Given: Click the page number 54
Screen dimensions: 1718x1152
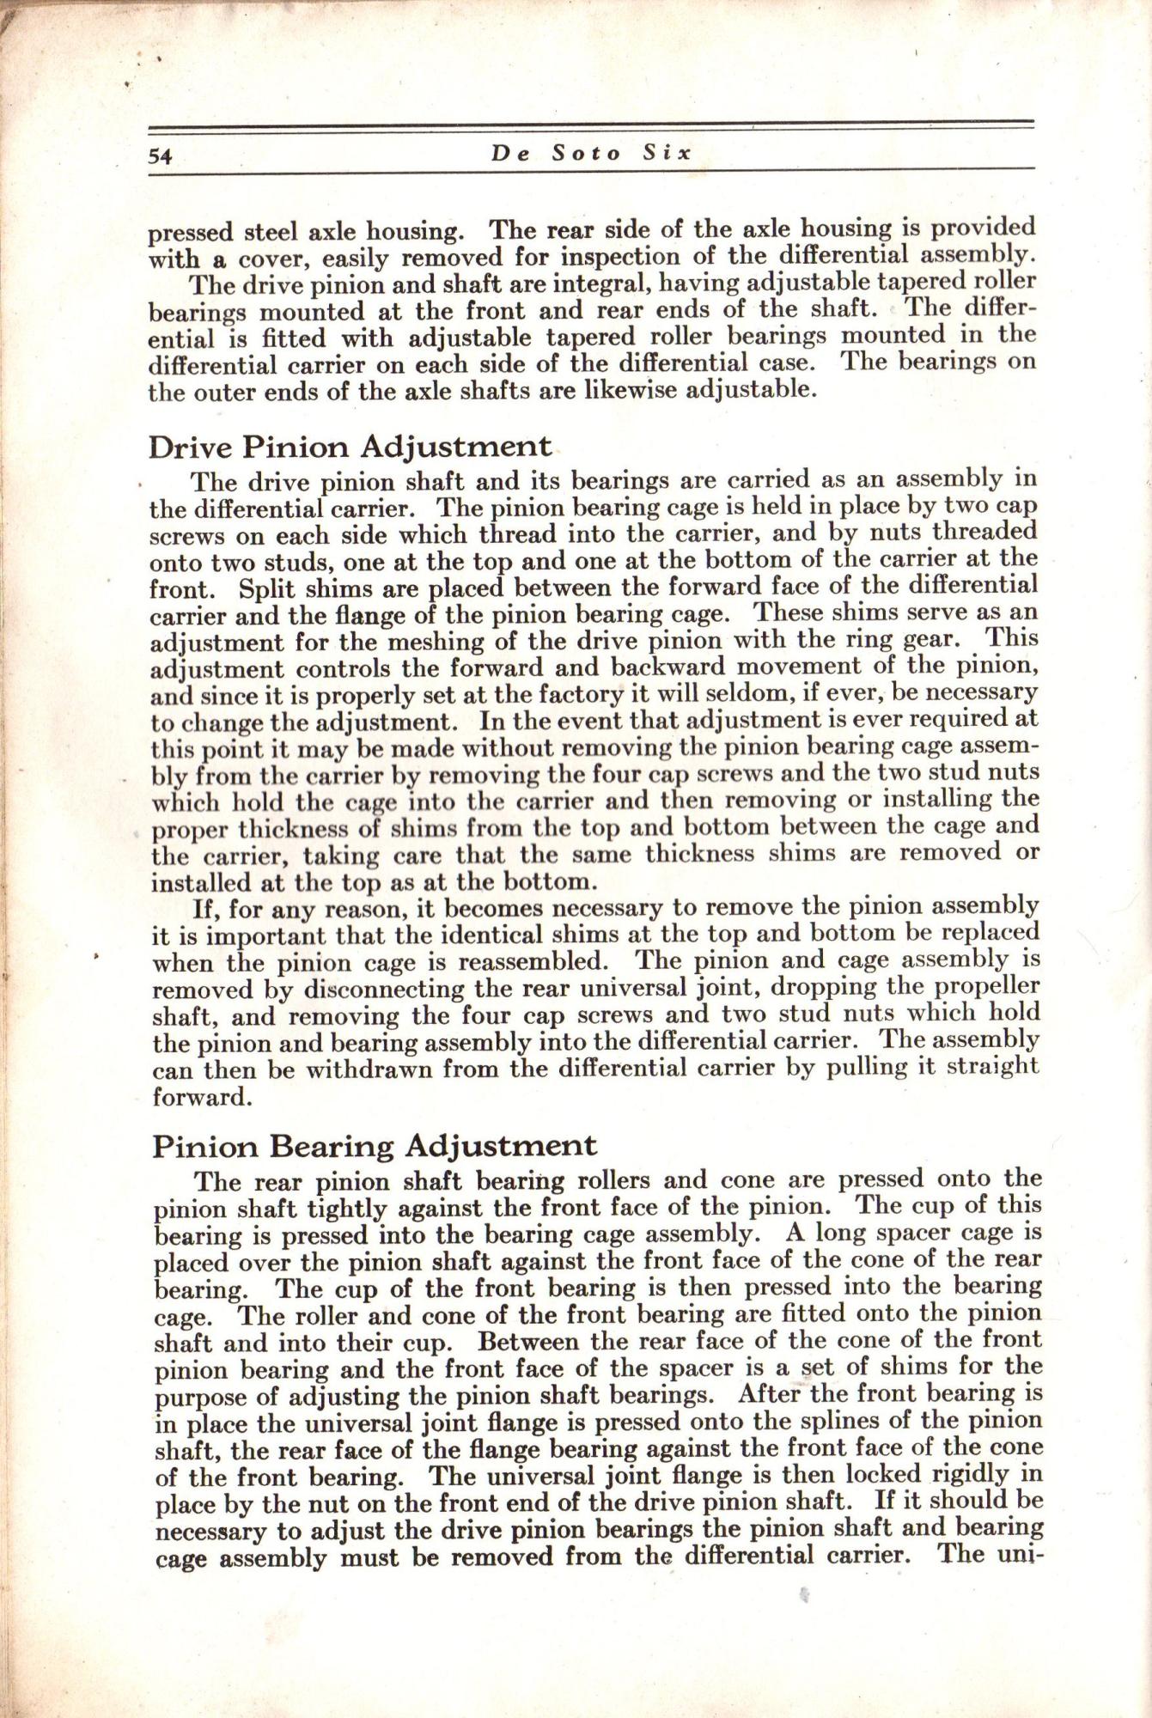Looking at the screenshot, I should click(162, 156).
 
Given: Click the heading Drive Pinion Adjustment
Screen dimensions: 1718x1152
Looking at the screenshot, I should click(350, 447).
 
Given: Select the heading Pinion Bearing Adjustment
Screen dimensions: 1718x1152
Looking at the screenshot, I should click(375, 1145).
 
